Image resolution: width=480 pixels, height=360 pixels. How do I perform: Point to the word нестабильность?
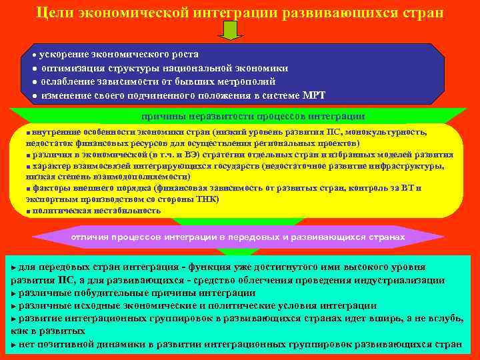click(x=127, y=210)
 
